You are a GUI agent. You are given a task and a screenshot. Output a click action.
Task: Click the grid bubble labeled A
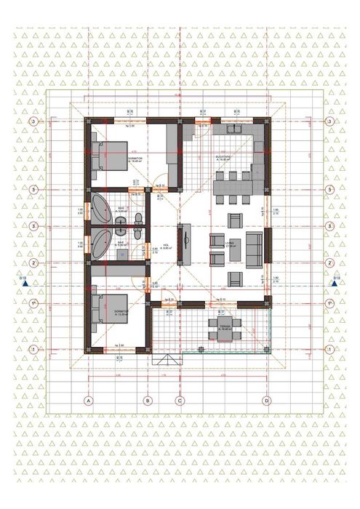pos(88,400)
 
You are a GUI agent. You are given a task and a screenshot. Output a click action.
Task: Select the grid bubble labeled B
pos(147,400)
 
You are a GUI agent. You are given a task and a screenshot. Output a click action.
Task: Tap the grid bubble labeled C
pos(179,400)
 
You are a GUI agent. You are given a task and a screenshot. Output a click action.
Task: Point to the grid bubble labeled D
pos(267,400)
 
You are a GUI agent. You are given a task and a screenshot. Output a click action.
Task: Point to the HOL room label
pos(166,247)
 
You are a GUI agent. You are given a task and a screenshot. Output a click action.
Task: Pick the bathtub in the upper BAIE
pos(100,207)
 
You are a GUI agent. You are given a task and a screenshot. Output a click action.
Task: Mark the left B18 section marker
pos(23,284)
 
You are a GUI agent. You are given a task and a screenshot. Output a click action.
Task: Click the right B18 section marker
pos(335,284)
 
